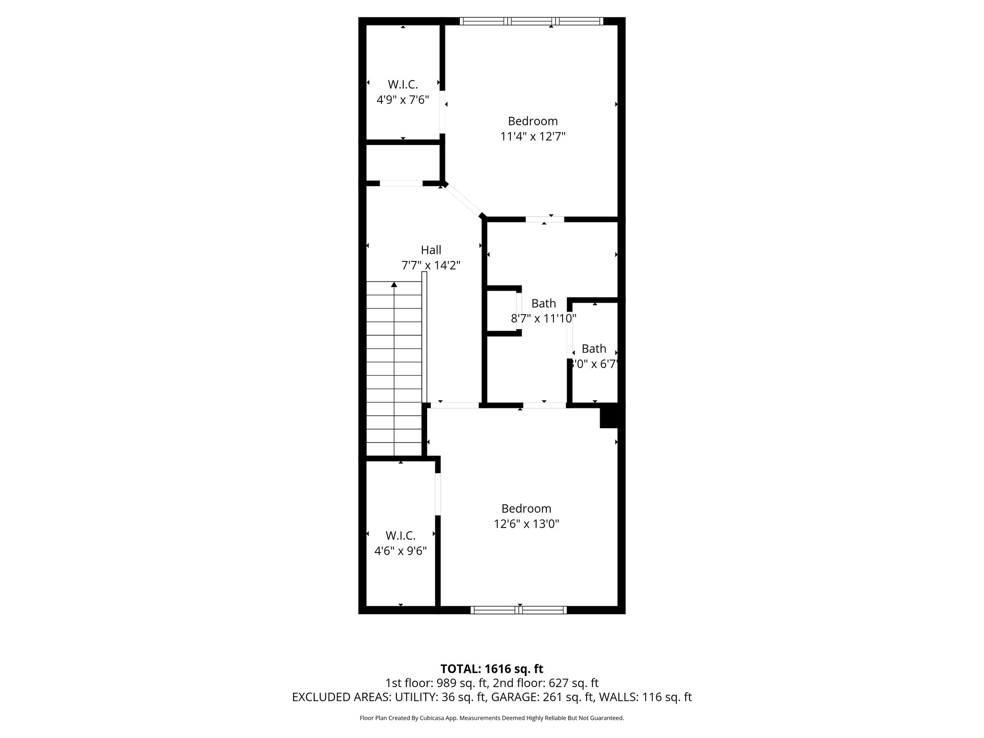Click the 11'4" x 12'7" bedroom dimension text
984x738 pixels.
click(x=532, y=136)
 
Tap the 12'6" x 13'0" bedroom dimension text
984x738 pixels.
click(x=526, y=524)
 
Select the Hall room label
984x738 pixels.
click(x=431, y=250)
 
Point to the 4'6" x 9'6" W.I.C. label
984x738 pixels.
click(x=400, y=543)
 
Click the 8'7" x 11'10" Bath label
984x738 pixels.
click(x=543, y=311)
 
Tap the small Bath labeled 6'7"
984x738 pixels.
click(x=594, y=356)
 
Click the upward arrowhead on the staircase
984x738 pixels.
click(x=394, y=285)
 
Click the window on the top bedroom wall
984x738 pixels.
click(x=531, y=21)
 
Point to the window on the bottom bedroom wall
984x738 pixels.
click(x=518, y=610)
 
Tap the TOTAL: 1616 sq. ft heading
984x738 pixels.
click(x=492, y=669)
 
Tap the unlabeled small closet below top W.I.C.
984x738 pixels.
click(x=403, y=162)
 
